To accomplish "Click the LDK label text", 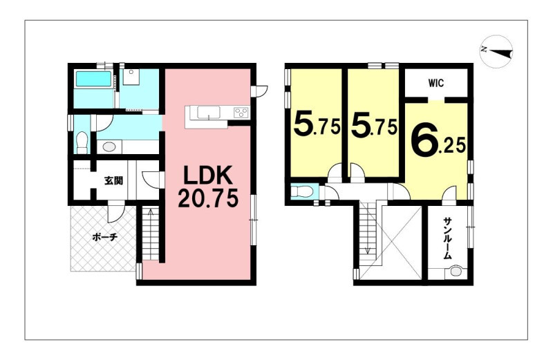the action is (209, 176).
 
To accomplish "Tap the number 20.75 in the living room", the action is (208, 198).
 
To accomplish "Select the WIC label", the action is (436, 84).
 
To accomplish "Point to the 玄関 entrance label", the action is (113, 181).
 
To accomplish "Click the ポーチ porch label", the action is (105, 237).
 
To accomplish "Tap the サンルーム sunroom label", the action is (447, 238).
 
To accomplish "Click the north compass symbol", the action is (496, 51).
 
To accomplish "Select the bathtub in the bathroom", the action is (94, 79).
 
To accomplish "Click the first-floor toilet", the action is (82, 142).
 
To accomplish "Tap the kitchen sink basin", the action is (209, 113).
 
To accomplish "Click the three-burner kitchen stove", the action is (241, 113).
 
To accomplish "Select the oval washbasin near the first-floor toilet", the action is (110, 147).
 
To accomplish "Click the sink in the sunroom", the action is (456, 272).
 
